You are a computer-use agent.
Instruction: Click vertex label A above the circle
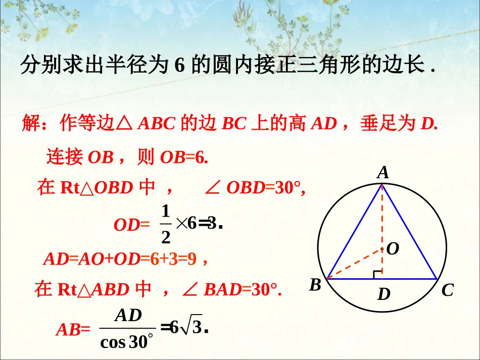click(x=383, y=173)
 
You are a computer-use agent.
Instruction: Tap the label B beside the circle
click(x=315, y=286)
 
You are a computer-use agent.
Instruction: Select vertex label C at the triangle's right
click(x=447, y=290)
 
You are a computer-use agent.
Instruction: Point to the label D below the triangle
click(x=384, y=294)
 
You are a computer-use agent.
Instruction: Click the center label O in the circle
click(x=393, y=248)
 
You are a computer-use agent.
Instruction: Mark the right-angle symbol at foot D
click(x=377, y=274)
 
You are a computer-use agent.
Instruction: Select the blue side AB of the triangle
click(x=355, y=232)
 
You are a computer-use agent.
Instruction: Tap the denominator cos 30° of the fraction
click(x=126, y=342)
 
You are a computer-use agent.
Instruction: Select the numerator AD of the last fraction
click(x=128, y=316)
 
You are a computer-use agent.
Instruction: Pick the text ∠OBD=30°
click(x=255, y=188)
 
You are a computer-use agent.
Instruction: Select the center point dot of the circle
click(x=382, y=249)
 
